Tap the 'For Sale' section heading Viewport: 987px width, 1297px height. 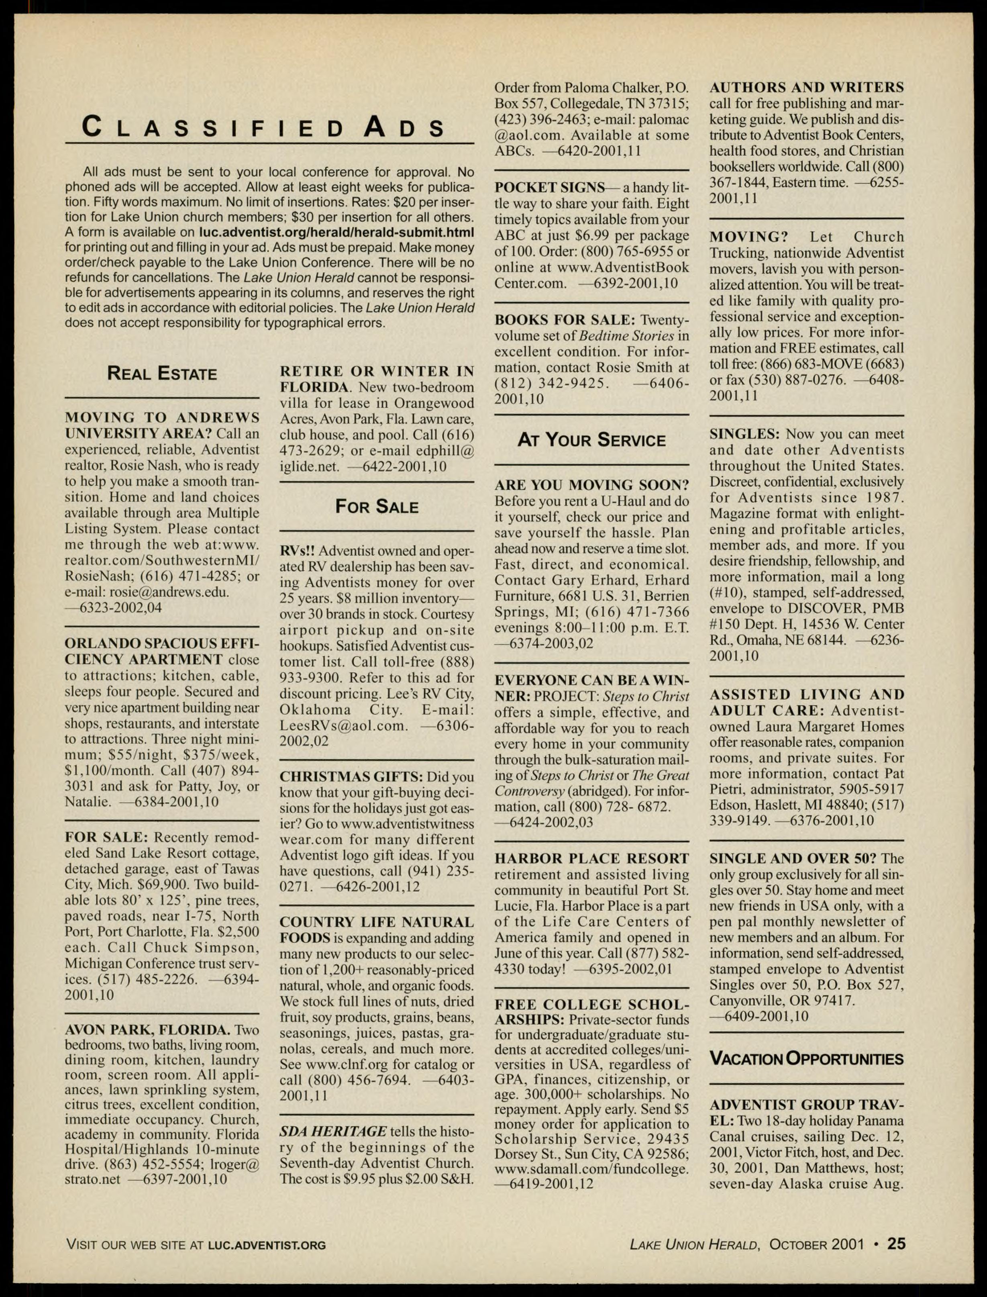pos(377,507)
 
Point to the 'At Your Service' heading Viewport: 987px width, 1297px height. pos(591,440)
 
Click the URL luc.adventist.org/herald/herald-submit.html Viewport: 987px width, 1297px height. pos(336,232)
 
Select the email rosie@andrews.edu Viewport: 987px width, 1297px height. pos(169,592)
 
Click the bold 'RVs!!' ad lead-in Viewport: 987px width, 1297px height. pos(297,551)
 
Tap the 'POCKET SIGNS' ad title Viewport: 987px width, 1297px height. pos(549,188)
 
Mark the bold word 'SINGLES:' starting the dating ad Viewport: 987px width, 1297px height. pos(744,434)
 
